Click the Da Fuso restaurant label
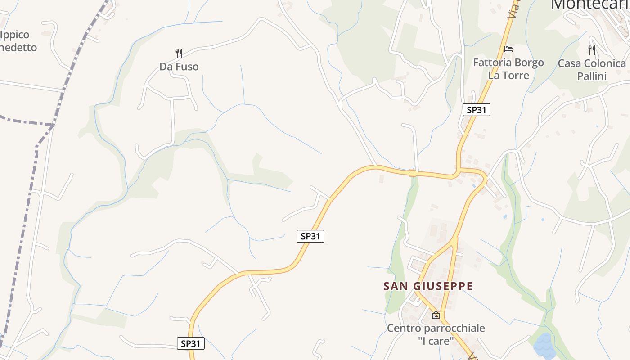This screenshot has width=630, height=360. point(179,67)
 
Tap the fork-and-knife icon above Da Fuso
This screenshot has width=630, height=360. point(179,54)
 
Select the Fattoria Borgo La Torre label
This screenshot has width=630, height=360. point(508,69)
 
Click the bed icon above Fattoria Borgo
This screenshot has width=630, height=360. point(508,49)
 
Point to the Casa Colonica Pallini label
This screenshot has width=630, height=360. point(592,70)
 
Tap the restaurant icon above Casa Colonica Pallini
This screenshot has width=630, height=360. point(592,49)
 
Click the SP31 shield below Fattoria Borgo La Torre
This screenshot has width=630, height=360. point(477,109)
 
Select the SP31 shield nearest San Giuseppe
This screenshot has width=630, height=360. point(310,236)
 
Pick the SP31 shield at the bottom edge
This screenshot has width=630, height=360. point(191,343)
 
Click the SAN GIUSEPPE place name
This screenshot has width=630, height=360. point(428,286)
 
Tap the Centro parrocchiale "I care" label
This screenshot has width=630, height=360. point(436,334)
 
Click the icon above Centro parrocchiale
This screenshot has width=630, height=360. point(436,315)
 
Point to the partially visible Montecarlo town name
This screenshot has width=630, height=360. point(589,4)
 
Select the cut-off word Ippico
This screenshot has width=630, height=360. point(15,35)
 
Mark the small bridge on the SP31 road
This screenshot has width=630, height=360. point(413,173)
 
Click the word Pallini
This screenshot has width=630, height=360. point(592,76)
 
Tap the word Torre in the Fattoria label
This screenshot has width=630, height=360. point(516,75)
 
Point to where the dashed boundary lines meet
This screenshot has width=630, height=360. point(53,124)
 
